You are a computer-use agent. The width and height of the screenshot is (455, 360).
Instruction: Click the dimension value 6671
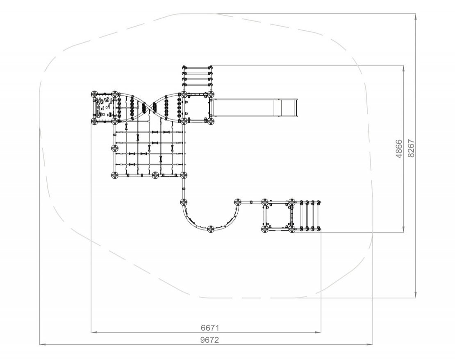(210, 328)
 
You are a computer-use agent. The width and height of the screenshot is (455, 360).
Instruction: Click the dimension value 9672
(210, 340)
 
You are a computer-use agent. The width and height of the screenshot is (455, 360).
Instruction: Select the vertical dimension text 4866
(399, 149)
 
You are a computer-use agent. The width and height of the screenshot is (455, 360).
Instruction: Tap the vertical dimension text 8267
(411, 149)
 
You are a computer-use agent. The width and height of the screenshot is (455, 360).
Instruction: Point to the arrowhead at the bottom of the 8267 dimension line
(416, 294)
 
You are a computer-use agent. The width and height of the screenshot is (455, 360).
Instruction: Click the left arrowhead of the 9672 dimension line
(43, 344)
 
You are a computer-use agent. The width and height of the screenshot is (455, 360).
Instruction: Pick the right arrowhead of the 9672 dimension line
(370, 344)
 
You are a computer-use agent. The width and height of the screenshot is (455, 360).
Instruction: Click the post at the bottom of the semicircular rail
(211, 229)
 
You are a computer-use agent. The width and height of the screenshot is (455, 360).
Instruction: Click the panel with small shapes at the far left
(103, 108)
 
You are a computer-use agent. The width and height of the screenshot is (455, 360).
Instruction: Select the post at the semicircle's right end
(238, 202)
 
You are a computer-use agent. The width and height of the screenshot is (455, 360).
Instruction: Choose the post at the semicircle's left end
(184, 202)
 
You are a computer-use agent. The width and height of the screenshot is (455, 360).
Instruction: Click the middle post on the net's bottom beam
(155, 175)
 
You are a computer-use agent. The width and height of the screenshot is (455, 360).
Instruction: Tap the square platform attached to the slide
(197, 108)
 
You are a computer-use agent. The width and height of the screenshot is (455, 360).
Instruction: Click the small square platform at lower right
(278, 216)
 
